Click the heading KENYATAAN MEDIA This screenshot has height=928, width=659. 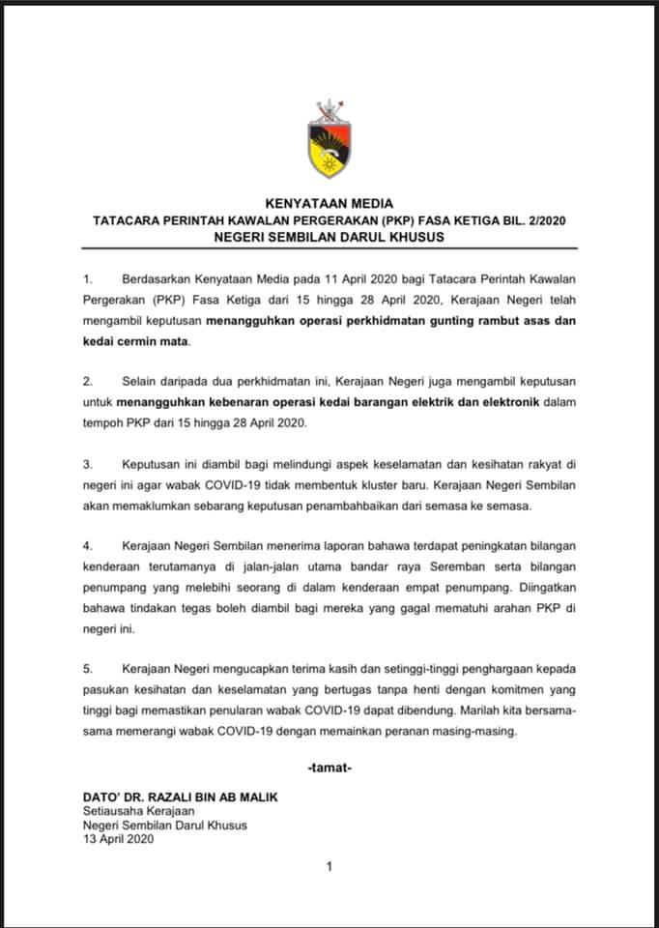pos(329,203)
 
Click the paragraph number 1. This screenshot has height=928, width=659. pos(87,278)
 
